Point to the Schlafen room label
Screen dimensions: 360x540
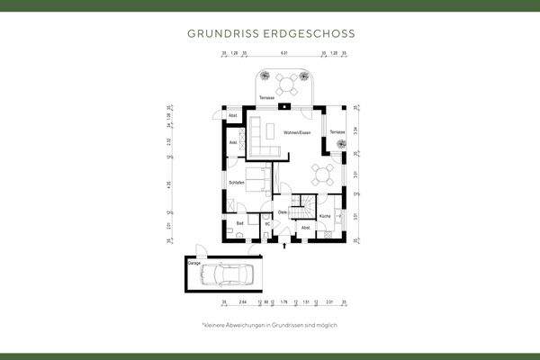237,183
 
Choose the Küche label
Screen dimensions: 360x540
325,217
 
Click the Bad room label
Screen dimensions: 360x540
239,222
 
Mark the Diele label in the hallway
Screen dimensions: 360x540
282,211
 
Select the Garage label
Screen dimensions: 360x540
193,265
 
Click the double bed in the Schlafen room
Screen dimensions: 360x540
256,180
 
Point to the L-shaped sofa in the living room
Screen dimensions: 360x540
260,137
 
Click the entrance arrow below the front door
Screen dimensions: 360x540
285,242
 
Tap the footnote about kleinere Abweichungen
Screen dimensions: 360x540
269,325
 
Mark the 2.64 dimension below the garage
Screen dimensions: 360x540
230,302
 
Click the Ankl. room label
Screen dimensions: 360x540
233,142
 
